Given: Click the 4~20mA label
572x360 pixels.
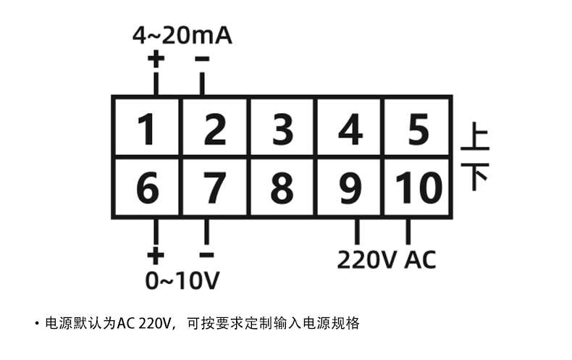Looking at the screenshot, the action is (x=182, y=35).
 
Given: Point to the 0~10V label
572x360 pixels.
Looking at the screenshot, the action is (x=182, y=280).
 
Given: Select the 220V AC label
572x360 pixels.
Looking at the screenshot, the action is (x=387, y=259).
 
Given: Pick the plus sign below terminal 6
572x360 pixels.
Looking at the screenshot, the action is (x=155, y=255).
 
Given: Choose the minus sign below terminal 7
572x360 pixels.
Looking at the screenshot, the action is (x=206, y=255).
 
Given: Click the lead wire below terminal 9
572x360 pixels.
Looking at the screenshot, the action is (x=356, y=232).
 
